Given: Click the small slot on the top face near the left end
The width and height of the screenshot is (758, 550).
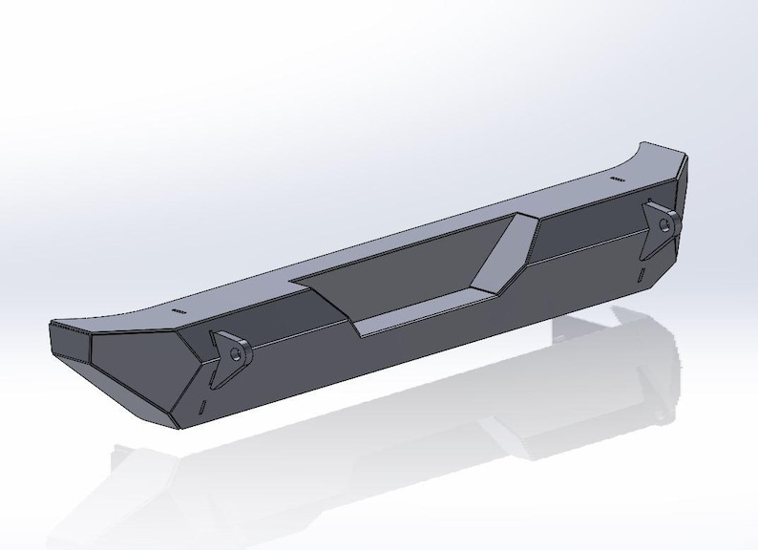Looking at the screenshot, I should click(x=179, y=312).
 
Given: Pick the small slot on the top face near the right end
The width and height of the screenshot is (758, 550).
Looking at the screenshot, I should click(x=617, y=179).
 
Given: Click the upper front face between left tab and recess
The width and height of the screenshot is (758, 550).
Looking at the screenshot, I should click(x=286, y=329).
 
